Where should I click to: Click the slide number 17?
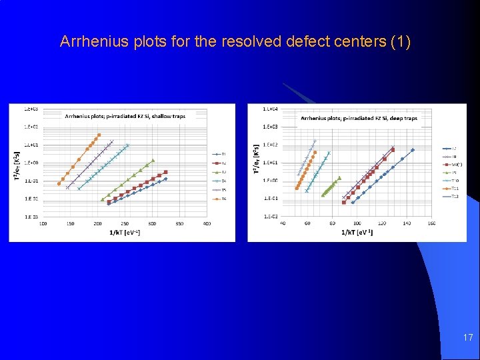click(468, 338)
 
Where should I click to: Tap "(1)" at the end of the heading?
click(400, 42)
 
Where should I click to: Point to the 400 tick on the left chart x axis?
click(207, 223)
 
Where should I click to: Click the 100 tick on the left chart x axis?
click(43, 223)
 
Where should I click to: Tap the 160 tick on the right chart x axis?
click(431, 223)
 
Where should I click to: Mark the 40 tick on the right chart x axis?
click(283, 223)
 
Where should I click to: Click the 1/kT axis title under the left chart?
click(124, 231)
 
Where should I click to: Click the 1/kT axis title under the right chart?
click(357, 231)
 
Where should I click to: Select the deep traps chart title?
click(359, 118)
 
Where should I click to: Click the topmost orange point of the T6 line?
click(99, 135)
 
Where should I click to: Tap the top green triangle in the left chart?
click(153, 160)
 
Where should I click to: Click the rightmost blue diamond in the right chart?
click(413, 150)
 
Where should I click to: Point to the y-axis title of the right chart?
click(257, 161)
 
